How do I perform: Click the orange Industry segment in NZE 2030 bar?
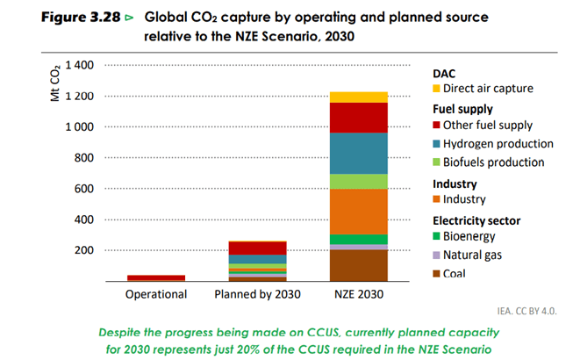[359, 211]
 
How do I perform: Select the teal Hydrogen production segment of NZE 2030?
[359, 153]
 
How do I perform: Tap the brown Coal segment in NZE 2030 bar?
[359, 264]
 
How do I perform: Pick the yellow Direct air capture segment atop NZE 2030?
[359, 97]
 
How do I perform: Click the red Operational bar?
[156, 277]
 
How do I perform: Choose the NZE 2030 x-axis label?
[359, 294]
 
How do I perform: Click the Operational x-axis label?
[156, 294]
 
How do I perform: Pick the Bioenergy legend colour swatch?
[437, 236]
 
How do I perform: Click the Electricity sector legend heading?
[478, 220]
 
